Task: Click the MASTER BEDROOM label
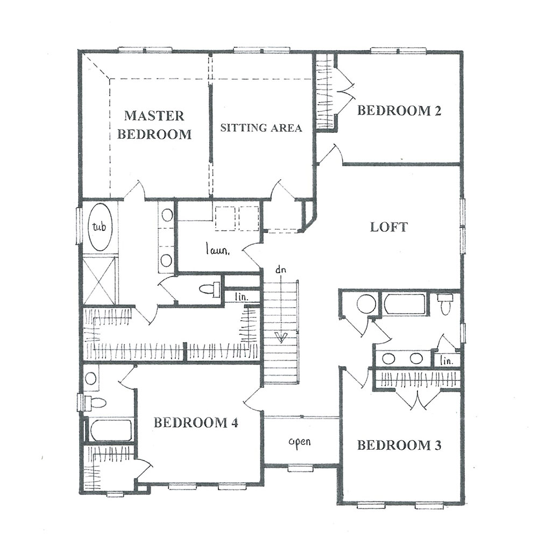pos(154,125)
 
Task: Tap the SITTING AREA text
pos(261,128)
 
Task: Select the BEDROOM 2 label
pos(399,110)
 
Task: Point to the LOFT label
pos(389,227)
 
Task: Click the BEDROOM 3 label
pos(399,445)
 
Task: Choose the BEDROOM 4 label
pos(196,422)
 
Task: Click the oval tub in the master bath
pos(99,227)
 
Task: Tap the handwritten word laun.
pos(217,250)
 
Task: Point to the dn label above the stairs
pos(280,270)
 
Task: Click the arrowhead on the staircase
pos(281,338)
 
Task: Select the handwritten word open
pos(300,442)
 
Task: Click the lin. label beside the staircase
pos(242,297)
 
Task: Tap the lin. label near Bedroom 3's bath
pos(447,360)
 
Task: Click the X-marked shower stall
pos(99,280)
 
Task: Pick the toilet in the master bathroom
pos(209,289)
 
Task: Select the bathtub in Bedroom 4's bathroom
pos(111,430)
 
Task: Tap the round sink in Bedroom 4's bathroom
pos(90,378)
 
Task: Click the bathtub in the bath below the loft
pos(405,303)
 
